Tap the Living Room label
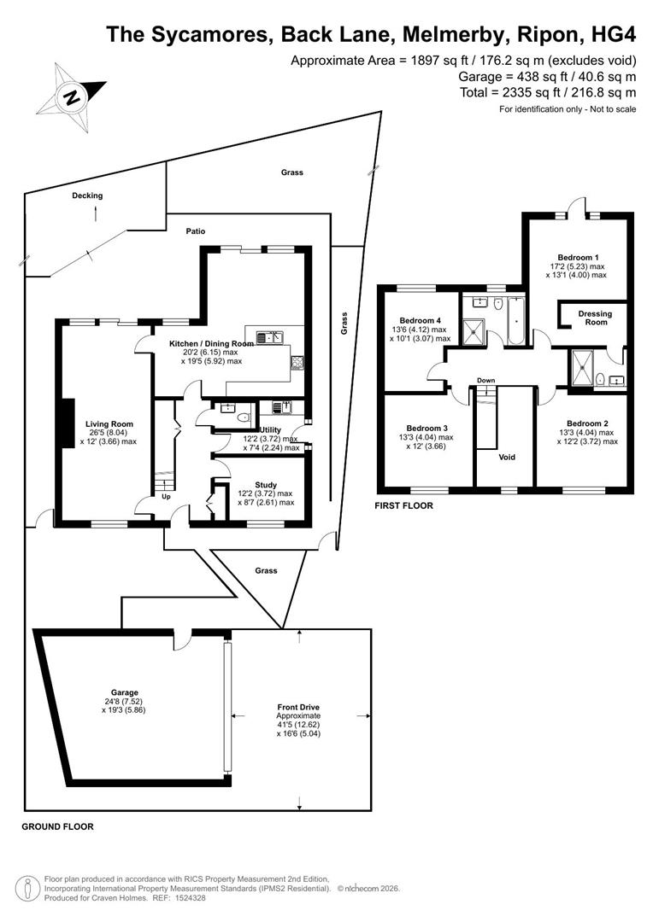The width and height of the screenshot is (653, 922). click(109, 424)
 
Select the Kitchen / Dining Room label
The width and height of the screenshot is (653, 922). click(211, 343)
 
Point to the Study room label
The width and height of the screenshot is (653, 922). click(266, 485)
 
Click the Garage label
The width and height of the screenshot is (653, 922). click(124, 692)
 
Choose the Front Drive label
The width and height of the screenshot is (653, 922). click(298, 708)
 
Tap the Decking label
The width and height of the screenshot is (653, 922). click(87, 195)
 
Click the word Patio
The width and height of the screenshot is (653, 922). click(196, 231)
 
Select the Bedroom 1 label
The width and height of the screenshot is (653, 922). click(579, 258)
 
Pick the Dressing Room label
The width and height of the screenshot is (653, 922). click(595, 318)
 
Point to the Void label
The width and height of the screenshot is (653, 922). click(507, 457)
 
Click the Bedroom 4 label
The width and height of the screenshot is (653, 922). click(420, 320)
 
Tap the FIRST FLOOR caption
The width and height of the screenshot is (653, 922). click(404, 505)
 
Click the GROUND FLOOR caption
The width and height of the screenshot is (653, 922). click(58, 826)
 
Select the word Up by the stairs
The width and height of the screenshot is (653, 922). click(166, 496)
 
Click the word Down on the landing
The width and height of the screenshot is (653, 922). click(485, 381)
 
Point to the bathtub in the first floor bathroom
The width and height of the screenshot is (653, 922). click(515, 320)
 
